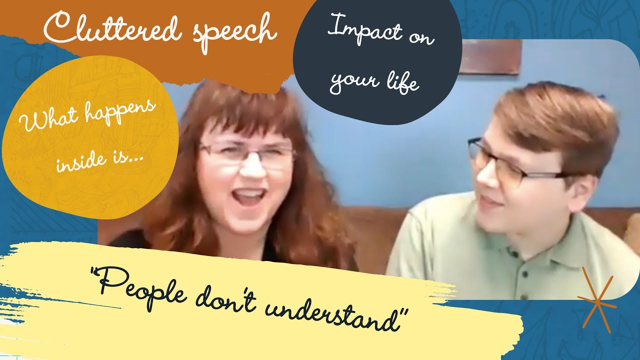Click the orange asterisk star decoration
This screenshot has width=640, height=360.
(x=596, y=300)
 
